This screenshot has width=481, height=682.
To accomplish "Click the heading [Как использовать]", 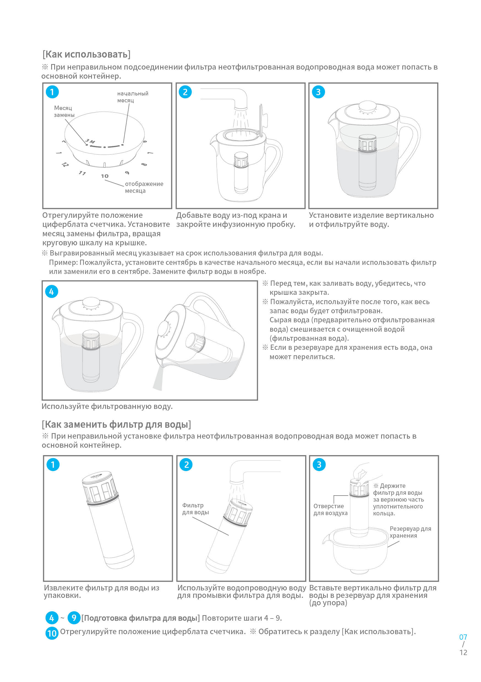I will tap(86, 54).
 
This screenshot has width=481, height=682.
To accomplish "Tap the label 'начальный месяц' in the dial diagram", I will tap(132, 97).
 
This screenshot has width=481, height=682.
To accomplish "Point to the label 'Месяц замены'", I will tap(64, 111).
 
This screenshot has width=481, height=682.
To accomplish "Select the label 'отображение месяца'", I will tap(144, 187).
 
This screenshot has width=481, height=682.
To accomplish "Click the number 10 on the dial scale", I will tap(105, 176).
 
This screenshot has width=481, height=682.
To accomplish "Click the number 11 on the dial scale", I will tap(82, 173).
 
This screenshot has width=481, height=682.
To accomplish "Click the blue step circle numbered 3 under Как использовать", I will tap(318, 92).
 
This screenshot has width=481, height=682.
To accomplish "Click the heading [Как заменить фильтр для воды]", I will tap(116, 425).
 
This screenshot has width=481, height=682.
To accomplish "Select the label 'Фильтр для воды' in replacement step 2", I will tap(195, 509).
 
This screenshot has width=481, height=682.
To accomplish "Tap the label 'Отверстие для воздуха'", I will tap(330, 509).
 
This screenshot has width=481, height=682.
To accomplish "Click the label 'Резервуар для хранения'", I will tap(410, 532).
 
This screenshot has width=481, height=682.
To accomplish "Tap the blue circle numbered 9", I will tap(74, 618).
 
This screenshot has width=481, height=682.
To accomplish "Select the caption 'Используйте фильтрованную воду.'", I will tap(107, 406).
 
